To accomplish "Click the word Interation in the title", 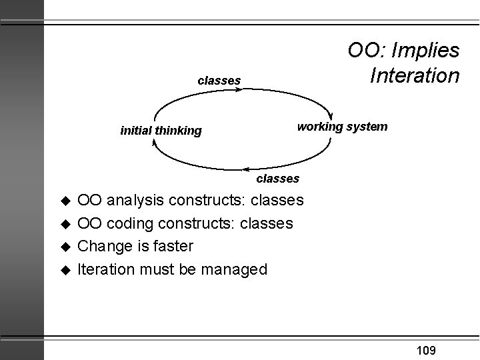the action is (x=414, y=74).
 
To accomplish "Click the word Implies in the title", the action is (x=426, y=50).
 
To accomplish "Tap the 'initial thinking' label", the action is (x=161, y=131).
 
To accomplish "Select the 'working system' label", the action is (x=342, y=126).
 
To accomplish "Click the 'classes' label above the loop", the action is (x=219, y=81).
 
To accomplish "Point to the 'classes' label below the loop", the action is (x=278, y=179).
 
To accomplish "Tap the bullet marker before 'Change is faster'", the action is (x=65, y=247).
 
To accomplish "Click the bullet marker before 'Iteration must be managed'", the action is (x=65, y=270).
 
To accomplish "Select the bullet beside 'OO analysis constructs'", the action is (x=65, y=201).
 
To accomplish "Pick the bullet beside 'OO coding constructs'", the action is (x=65, y=224).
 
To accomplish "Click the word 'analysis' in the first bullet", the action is (x=137, y=200).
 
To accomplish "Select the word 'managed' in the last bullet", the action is (x=235, y=269).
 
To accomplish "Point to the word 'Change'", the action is (x=103, y=246).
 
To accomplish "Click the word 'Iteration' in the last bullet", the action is (x=105, y=269).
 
